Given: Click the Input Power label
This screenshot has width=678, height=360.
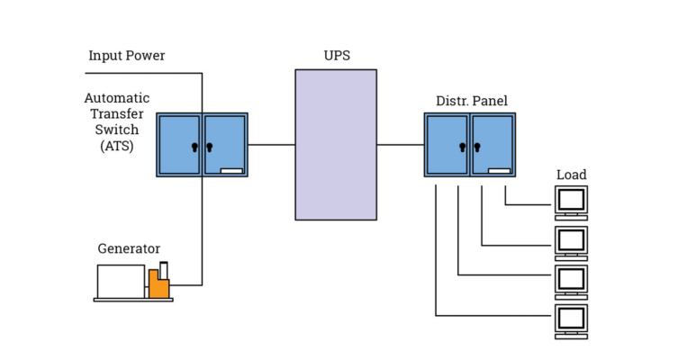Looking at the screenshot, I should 126,56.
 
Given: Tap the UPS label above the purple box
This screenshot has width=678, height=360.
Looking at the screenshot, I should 336,56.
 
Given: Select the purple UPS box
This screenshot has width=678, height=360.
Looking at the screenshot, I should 336,144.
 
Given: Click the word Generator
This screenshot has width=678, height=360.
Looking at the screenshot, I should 129,248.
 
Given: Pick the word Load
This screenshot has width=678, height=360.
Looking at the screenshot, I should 571,175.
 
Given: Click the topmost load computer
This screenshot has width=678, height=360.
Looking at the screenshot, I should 571,202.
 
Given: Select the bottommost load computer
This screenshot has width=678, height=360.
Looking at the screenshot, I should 571,320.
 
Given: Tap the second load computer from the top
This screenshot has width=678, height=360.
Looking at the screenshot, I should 571,241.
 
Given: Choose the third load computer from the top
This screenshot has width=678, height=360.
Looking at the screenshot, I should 571,281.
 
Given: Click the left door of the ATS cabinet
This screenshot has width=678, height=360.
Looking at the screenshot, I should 179,144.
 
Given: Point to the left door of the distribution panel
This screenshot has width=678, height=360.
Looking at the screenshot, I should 447,144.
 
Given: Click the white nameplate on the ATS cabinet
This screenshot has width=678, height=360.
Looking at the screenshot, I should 231,170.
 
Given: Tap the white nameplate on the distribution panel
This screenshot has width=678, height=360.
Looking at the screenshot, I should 500,170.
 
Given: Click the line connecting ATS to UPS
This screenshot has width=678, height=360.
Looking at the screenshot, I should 271,144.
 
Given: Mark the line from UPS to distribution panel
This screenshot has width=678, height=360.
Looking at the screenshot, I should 401,144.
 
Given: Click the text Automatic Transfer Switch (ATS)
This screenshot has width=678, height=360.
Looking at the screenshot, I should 117,121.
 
